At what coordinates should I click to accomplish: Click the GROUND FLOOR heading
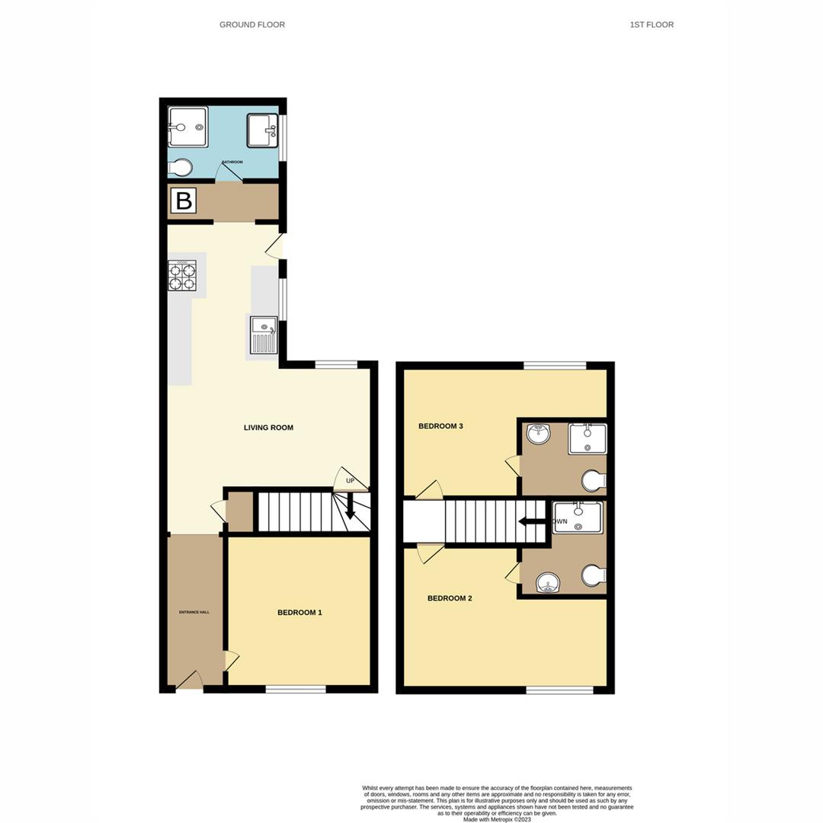click(252, 25)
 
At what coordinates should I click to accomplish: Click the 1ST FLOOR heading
click(652, 25)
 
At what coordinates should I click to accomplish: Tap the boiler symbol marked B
click(184, 201)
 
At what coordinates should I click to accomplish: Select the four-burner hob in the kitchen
click(182, 275)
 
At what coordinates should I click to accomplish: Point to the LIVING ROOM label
click(268, 428)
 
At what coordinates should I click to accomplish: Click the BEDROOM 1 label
click(299, 613)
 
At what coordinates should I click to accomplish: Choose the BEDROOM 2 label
click(450, 598)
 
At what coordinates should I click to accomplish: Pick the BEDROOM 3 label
click(440, 426)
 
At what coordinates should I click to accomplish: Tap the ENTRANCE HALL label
click(194, 613)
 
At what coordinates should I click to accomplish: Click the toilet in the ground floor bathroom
click(181, 167)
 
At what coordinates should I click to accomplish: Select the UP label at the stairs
click(351, 481)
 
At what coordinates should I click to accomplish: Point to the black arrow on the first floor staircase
click(532, 521)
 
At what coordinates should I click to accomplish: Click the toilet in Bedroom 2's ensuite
click(593, 575)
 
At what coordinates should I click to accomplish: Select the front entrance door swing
click(189, 680)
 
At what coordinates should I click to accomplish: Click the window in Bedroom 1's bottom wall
click(296, 690)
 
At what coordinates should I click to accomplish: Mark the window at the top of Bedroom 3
click(555, 366)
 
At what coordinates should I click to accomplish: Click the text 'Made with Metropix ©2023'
click(496, 819)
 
